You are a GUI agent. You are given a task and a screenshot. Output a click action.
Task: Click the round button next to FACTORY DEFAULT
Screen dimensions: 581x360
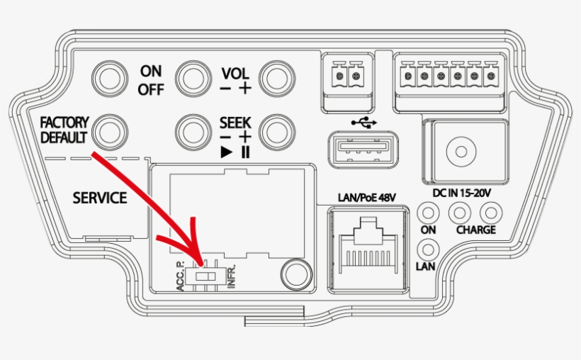coord(110,132)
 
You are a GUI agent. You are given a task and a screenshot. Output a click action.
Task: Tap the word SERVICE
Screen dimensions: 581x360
coord(100,198)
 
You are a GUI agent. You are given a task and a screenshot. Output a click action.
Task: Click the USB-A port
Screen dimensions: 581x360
coord(363,150)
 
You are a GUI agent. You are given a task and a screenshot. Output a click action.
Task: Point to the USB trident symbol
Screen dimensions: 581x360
coord(364,123)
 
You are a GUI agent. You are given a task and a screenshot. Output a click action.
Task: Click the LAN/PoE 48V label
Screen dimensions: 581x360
coord(367,198)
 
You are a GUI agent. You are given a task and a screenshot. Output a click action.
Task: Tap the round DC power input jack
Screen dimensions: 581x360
coord(461,152)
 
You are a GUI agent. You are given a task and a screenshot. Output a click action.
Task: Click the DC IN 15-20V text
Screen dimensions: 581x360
coord(462,193)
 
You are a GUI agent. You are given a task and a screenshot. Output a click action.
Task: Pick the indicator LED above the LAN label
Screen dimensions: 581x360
coord(429,249)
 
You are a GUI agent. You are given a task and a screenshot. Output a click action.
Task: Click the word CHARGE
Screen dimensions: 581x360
coord(476,230)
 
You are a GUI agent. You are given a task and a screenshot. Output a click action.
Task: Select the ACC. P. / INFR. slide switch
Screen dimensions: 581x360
coord(205,276)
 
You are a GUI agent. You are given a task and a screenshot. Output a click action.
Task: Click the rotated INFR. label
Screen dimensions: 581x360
coord(231,276)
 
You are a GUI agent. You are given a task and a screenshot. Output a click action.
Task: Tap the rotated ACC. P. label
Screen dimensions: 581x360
coord(180,276)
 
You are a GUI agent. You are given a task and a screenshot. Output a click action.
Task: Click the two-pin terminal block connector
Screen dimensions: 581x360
coord(348,82)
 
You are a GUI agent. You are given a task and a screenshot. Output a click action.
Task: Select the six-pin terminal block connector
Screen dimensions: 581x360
coord(449,82)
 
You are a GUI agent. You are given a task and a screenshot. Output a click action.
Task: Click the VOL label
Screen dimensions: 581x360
coord(235,74)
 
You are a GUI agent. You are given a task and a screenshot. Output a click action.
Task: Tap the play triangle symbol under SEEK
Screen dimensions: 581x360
coord(227,152)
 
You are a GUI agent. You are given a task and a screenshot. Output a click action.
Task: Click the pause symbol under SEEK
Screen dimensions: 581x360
coord(245,152)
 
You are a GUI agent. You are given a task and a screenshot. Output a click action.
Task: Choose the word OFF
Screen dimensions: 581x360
coord(151,89)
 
